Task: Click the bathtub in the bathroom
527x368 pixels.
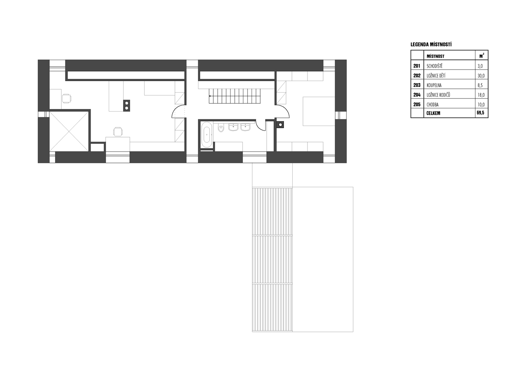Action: pos(207,135)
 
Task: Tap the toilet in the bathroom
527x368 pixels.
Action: pos(221,128)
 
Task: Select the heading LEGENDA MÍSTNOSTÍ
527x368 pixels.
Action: pos(431,44)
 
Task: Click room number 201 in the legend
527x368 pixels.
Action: pos(417,66)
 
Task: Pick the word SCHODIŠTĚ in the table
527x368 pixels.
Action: pos(434,66)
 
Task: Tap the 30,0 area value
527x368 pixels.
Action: pos(481,76)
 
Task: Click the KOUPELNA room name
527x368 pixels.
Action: pos(434,85)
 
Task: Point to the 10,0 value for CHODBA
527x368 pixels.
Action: pos(481,105)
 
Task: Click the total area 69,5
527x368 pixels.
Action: pos(480,113)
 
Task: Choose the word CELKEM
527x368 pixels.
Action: pos(434,113)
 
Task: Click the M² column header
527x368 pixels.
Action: pos(482,56)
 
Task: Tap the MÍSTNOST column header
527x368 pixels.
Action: pos(436,56)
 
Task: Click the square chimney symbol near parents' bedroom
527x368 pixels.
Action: pos(280,124)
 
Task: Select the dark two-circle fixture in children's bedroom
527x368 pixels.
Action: pos(126,106)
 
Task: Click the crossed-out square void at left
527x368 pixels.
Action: pos(69,132)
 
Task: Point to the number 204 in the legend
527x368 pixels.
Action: pos(417,95)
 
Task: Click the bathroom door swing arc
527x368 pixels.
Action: pos(260,126)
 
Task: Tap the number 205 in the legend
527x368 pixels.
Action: pos(417,105)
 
